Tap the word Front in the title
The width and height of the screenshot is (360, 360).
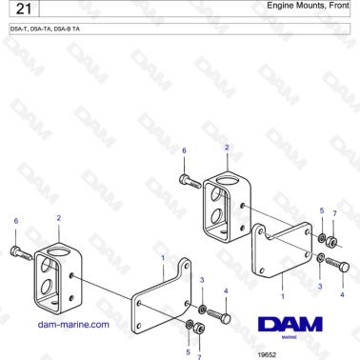(x=335, y=7)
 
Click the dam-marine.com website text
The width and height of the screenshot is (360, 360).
(x=73, y=324)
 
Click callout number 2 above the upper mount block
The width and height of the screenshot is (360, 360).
(x=227, y=148)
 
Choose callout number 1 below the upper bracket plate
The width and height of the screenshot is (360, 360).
(x=282, y=296)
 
